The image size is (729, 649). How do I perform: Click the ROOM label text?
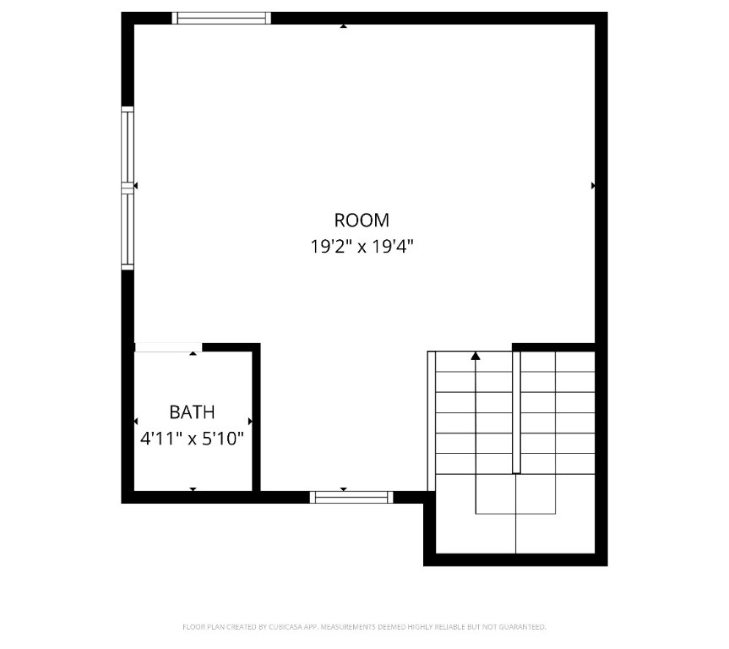coord(362,221)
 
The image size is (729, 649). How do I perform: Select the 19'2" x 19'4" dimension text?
coord(362,247)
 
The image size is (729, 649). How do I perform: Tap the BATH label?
coord(192,412)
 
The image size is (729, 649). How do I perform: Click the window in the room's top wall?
coord(221,18)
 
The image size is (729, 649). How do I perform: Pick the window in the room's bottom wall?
coord(351,497)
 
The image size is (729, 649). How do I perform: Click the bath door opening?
coord(167,346)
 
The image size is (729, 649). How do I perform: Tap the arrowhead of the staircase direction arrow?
coord(476,356)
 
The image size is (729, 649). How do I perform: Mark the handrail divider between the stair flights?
coord(516,411)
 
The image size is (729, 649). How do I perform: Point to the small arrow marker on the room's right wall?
coord(593,185)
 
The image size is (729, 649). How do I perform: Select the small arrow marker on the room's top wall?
coord(344,26)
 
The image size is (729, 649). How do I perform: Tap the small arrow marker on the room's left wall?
coord(136,185)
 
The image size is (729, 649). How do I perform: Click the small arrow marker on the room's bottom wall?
coord(344,488)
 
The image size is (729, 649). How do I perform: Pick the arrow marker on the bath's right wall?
coord(250,421)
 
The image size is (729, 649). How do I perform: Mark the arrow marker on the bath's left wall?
coord(136,421)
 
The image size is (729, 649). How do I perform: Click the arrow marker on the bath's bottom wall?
coord(193,488)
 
